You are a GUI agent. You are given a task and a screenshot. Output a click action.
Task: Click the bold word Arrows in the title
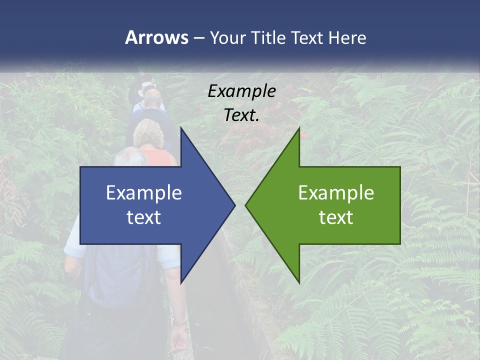point(156,37)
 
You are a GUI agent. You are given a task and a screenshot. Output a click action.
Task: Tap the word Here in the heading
point(347,37)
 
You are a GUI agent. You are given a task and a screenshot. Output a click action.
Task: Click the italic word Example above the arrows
point(241,91)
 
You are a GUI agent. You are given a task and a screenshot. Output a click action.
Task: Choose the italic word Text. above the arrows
point(241,115)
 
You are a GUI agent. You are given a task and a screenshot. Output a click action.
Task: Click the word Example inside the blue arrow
point(144,192)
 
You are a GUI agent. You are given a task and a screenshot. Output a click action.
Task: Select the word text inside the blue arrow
point(144,217)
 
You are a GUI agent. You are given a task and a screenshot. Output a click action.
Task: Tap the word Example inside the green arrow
point(336,192)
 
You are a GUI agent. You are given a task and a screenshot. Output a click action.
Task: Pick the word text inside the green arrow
point(336,217)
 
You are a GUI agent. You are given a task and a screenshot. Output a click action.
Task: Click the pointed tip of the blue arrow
point(234,205)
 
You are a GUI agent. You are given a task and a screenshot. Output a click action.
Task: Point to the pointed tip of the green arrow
point(246,205)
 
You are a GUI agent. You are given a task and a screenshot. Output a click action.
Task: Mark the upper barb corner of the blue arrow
point(181,128)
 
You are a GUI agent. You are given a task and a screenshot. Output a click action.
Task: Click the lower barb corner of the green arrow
point(299,282)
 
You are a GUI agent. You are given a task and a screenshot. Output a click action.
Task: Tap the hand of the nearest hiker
point(178,340)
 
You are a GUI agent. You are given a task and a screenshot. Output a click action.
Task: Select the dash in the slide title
point(198,37)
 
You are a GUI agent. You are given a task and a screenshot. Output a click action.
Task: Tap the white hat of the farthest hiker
point(146,85)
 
